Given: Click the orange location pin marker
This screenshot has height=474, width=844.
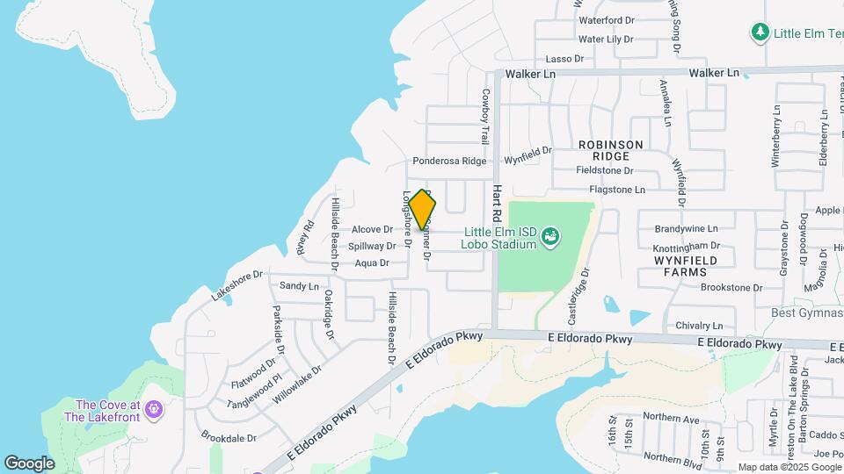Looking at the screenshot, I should click(422, 210).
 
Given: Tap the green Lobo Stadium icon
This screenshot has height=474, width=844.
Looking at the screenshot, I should click(550, 235).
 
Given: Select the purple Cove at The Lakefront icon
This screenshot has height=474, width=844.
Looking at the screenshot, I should click(155, 409).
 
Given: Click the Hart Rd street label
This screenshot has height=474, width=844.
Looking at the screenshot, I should click(497, 203).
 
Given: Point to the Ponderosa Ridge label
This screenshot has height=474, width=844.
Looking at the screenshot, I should click(449, 162).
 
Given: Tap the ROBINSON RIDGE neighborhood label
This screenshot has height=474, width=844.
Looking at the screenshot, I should click(611, 149).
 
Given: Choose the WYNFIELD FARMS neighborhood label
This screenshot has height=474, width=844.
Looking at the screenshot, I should click(686, 267).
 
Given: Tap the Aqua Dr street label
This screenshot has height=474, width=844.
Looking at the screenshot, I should click(372, 263).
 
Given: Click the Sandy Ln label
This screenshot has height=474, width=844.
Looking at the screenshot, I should click(299, 286).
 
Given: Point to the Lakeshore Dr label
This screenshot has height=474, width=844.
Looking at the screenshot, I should click(236, 286).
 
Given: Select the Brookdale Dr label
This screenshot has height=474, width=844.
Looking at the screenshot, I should click(229, 436).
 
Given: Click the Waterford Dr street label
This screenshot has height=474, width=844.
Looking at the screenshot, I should click(606, 20).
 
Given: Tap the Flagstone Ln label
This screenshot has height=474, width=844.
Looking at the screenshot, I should click(616, 190).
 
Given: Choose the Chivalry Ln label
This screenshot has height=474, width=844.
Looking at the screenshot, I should click(699, 326).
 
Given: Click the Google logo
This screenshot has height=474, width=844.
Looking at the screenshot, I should click(29, 463).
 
